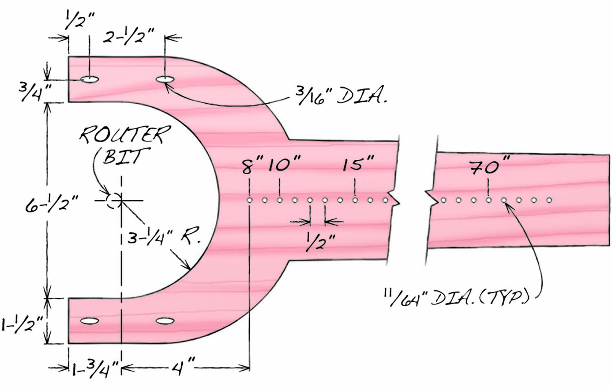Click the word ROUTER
pyautogui.click(x=124, y=135)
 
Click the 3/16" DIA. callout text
pyautogui.click(x=341, y=97)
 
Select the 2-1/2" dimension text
pyautogui.click(x=128, y=37)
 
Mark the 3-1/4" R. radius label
pyautogui.click(x=163, y=237)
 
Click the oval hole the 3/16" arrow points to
pyautogui.click(x=165, y=79)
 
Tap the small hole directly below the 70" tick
pyautogui.click(x=489, y=200)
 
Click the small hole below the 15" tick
pyautogui.click(x=355, y=200)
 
